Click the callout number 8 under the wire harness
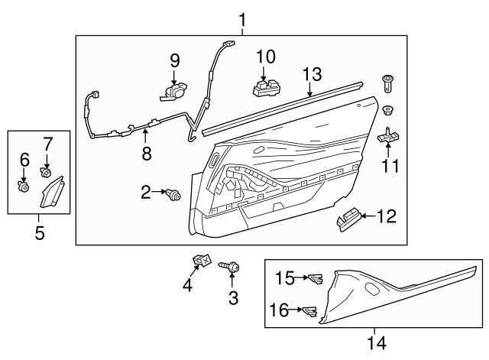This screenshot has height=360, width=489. [146, 154]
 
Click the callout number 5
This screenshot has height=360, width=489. [40, 230]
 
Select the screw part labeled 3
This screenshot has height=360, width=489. [231, 266]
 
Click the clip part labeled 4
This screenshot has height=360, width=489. [202, 262]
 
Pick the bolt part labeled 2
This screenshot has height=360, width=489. [174, 196]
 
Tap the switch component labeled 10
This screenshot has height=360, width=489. [264, 87]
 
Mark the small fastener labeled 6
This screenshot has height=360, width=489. [24, 184]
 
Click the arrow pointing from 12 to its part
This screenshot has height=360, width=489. [366, 217]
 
